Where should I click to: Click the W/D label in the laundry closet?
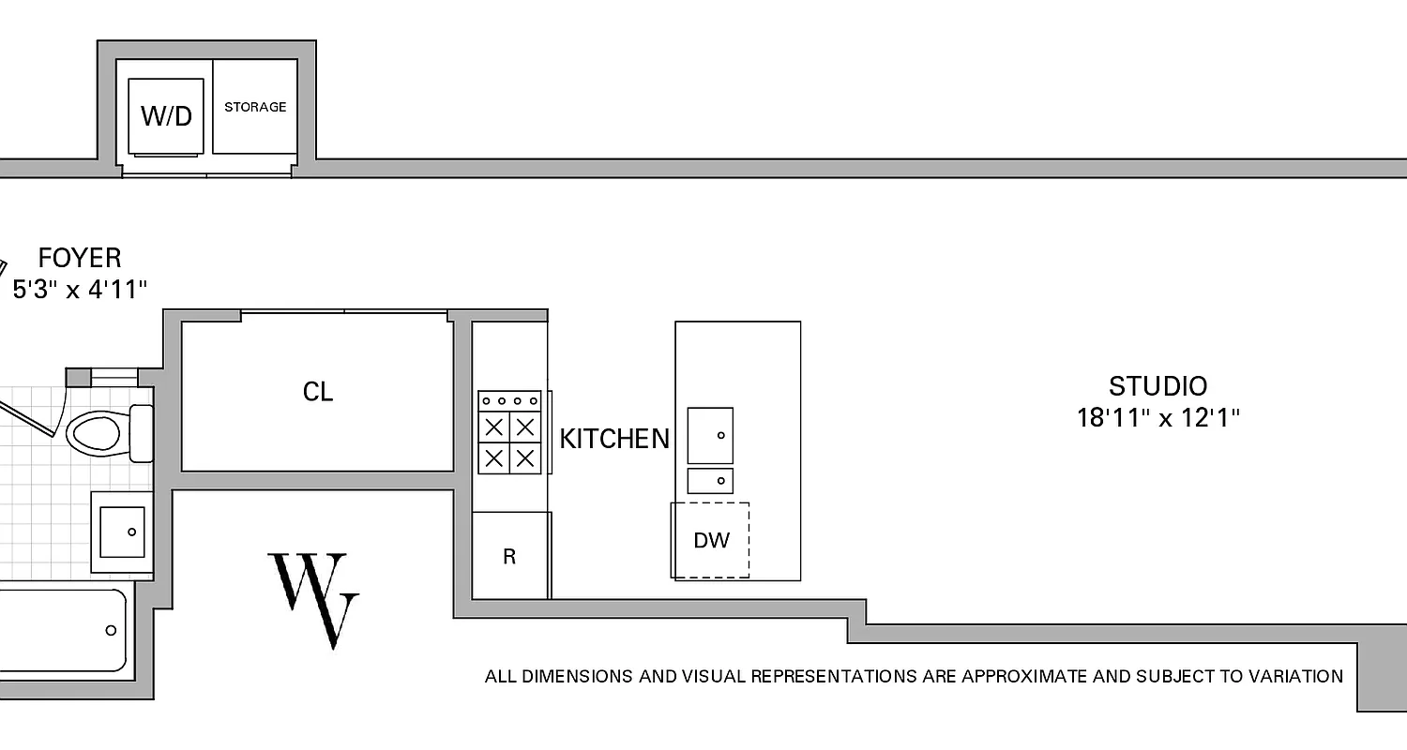pos(166,115)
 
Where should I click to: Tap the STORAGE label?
pos(255,107)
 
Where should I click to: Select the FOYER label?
pos(80,258)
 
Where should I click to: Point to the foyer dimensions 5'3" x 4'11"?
pos(80,289)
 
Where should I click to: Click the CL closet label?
pos(318,392)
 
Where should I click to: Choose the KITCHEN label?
pos(614,439)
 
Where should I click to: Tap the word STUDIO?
pos(1157,386)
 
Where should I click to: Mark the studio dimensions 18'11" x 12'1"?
pos(1157,417)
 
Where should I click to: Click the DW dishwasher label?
pos(710,540)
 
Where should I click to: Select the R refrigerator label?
pos(509,557)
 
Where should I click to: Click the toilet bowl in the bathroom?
pos(95,433)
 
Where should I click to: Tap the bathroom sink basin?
pos(123,532)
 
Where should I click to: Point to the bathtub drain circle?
pos(111,631)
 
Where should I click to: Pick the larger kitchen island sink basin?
pos(710,435)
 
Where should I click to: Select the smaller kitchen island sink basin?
pos(710,481)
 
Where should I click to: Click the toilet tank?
pos(141,433)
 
